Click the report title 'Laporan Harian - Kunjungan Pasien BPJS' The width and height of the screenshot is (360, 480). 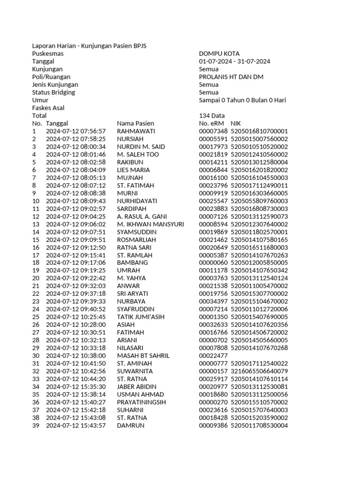point(92,46)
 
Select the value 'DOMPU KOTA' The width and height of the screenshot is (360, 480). point(219,54)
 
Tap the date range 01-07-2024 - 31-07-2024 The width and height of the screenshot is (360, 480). point(234,61)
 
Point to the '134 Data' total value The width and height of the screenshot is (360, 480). point(211,116)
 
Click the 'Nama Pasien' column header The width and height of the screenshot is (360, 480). point(135,123)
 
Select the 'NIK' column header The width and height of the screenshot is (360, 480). point(236,123)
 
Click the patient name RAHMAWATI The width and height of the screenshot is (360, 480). point(136,131)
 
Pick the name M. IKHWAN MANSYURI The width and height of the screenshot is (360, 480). point(150,224)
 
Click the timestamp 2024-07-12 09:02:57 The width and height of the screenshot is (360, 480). point(75,209)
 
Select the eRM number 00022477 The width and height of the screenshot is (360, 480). point(213,356)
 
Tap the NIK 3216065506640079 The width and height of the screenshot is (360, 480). point(259,371)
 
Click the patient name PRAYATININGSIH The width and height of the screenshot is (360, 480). point(142,402)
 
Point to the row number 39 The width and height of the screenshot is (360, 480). point(36,426)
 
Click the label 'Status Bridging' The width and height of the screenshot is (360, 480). point(53,92)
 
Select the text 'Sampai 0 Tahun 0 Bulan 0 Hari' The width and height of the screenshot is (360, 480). point(242,100)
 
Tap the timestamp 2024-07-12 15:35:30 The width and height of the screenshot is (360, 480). point(75,387)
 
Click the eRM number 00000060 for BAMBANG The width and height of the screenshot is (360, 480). point(213,263)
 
